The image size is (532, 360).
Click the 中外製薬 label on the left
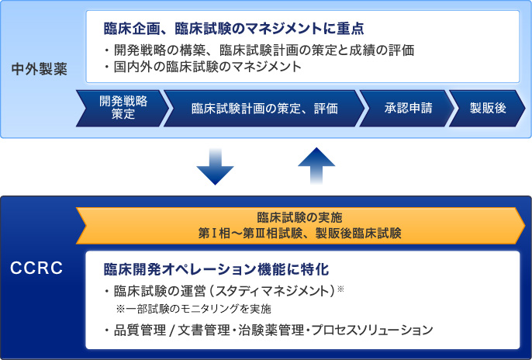pos(40,68)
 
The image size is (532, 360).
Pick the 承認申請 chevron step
pos(403,108)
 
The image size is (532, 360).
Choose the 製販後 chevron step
pos(487,108)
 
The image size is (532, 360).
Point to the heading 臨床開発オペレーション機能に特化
pos(217,269)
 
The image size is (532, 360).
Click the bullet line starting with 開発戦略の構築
pos(259,50)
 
